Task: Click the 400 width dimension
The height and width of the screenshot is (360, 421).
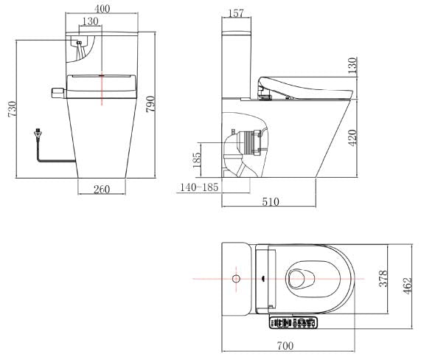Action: [x=102, y=7]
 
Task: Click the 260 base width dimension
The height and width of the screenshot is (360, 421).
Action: [x=102, y=189]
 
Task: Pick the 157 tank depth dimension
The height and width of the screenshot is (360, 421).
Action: [x=236, y=13]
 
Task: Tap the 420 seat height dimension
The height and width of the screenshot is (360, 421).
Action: [x=353, y=138]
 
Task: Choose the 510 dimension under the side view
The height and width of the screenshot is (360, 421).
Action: [x=269, y=200]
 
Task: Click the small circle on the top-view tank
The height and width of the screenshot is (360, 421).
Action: [x=235, y=280]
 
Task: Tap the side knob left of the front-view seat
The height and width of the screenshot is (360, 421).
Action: [x=56, y=91]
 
